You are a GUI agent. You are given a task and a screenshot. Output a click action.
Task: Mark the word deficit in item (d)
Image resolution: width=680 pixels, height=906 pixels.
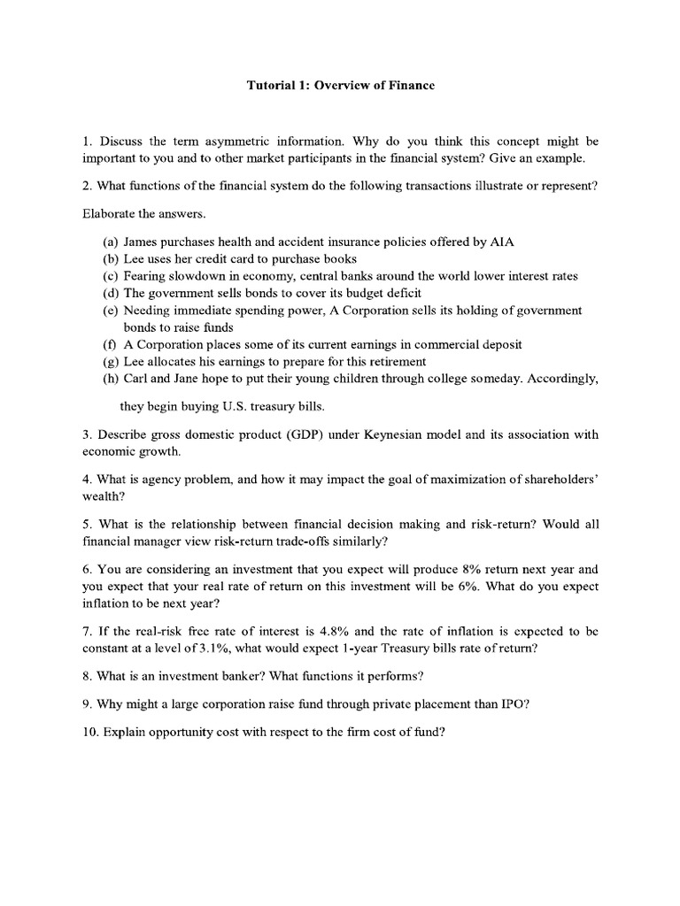click(400, 293)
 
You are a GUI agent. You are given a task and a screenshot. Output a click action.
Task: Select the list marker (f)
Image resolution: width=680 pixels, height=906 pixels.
click(111, 344)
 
